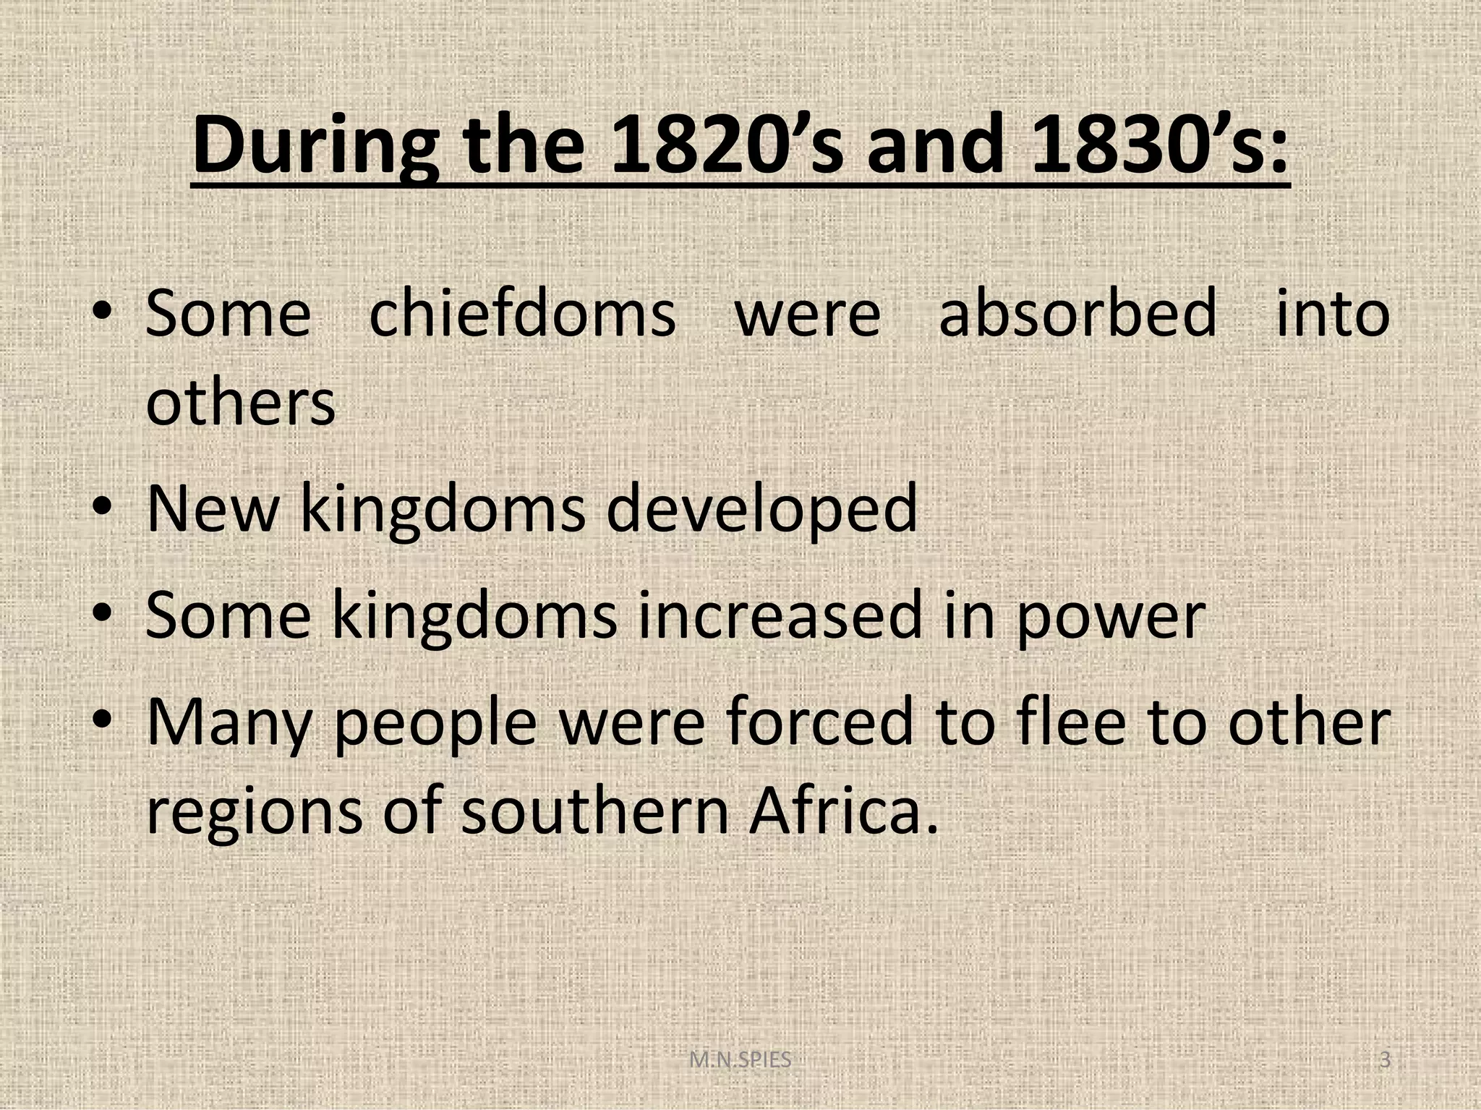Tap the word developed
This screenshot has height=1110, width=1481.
point(761,510)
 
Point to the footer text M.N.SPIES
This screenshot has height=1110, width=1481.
point(740,1060)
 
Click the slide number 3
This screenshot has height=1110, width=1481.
point(1385,1060)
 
